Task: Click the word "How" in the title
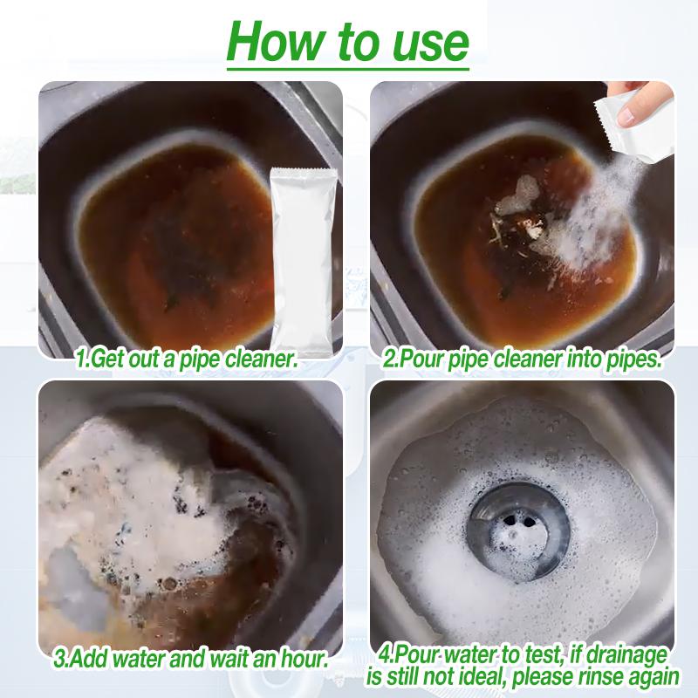(275, 41)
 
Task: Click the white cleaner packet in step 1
(302, 261)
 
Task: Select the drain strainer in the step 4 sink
(518, 531)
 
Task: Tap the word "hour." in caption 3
(305, 658)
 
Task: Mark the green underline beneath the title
(348, 69)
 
